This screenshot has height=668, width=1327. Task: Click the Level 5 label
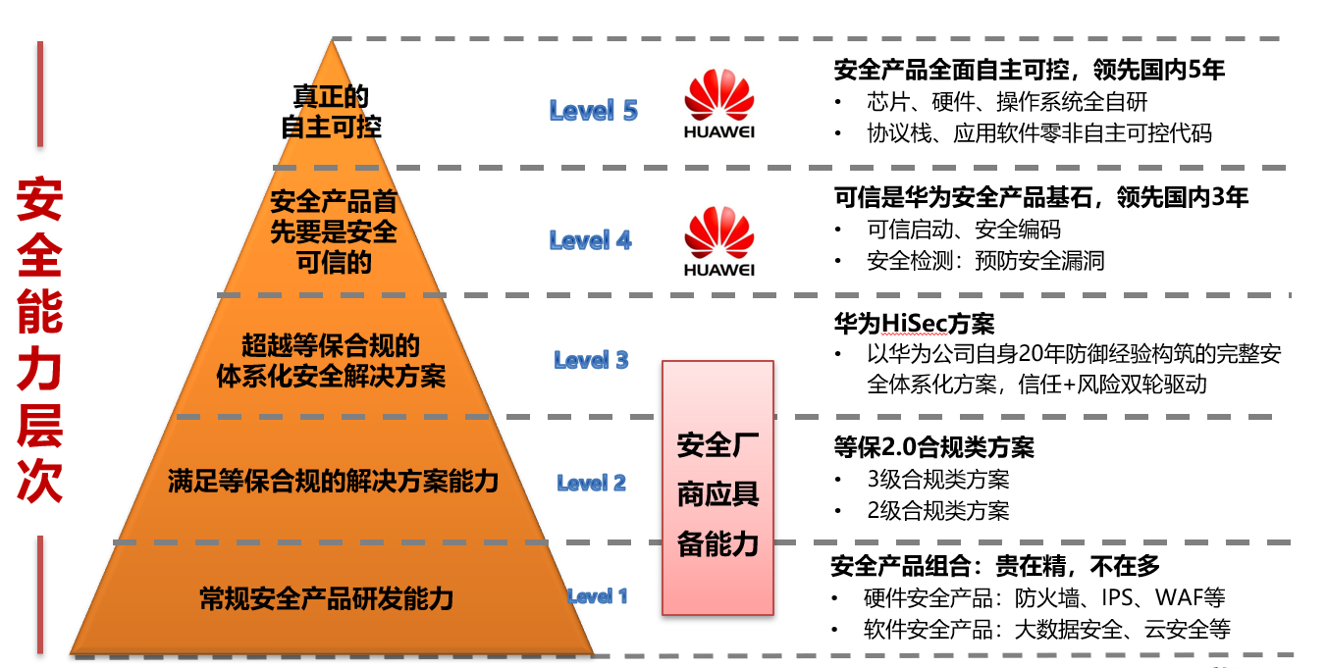pos(593,111)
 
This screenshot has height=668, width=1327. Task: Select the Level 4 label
pos(590,240)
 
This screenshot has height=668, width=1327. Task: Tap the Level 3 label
pos(591,360)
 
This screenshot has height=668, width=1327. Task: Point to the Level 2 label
pos(591,483)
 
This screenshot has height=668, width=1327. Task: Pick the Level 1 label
pos(597,596)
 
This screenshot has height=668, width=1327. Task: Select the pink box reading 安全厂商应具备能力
pos(717,488)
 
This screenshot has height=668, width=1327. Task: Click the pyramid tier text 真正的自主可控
pos(331,112)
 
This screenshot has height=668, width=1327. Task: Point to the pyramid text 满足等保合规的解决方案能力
pos(333,482)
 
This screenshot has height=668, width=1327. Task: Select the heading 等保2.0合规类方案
pos(933,447)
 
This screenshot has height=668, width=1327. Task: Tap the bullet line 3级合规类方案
pos(937,480)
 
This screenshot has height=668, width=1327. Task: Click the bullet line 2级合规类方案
pos(937,510)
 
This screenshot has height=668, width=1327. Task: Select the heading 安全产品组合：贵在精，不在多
pos(995,566)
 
